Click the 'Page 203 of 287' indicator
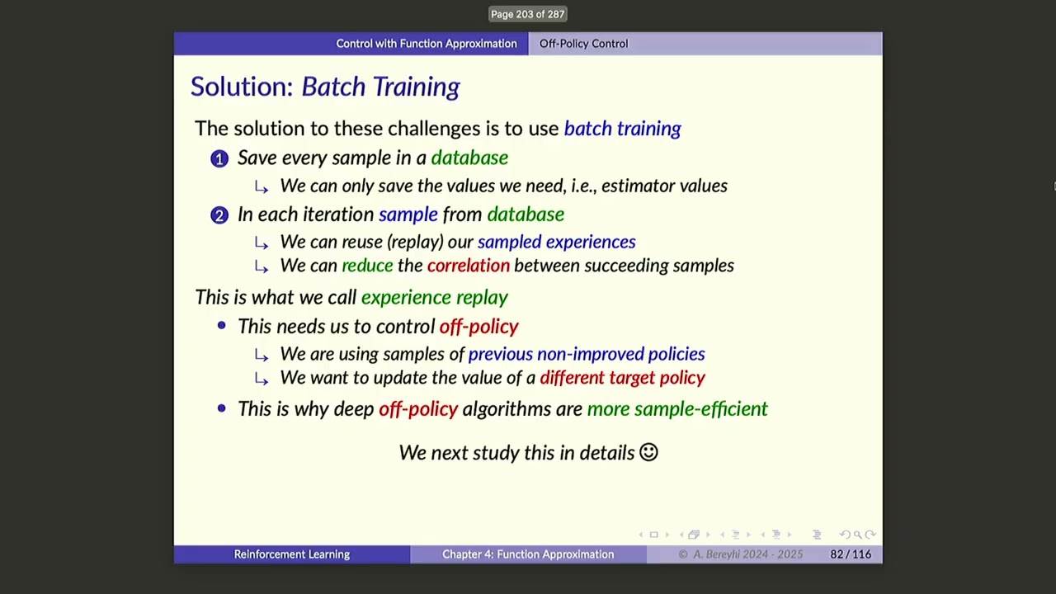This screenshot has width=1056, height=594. pos(527,14)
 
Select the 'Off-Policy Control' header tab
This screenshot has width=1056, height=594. pos(583,44)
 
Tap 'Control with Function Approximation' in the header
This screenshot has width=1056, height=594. pos(426,44)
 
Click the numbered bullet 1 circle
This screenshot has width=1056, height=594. pos(219,158)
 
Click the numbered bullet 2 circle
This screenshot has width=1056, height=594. pos(219,215)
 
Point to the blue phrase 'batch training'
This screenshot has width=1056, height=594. pos(622,129)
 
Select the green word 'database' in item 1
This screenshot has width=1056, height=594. pos(469,158)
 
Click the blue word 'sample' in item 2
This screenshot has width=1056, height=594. pos(408,214)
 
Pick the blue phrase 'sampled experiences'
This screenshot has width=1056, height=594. pos(556,242)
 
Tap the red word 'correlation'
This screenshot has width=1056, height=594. pos(468,266)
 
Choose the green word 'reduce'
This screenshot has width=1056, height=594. pos(367,266)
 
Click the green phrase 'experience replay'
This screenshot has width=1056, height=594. pos(434,298)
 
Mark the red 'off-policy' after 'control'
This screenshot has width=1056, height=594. pos(478,327)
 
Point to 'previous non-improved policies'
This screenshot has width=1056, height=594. pos(586,354)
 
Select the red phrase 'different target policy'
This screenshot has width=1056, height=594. pos(622,378)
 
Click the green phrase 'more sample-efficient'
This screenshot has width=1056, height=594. pos(676,409)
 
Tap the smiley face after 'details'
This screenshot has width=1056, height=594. pos(648,452)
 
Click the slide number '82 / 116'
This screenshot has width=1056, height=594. pos(850,554)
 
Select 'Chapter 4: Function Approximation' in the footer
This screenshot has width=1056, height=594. pos(528,554)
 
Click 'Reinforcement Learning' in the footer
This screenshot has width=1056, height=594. pos(291,554)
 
